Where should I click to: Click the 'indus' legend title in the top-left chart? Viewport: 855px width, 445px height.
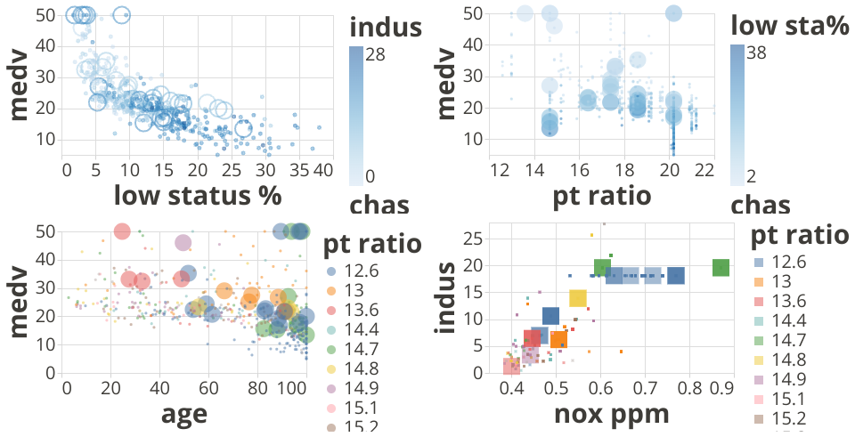[385, 28]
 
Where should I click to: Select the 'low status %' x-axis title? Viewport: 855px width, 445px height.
[192, 195]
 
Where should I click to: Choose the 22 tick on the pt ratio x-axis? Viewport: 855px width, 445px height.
[705, 169]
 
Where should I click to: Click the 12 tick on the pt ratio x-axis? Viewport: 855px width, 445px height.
[499, 169]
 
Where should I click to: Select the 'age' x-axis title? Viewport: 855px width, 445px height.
[184, 414]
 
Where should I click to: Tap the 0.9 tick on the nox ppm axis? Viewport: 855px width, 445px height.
[721, 388]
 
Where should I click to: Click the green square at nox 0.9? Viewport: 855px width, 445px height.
[721, 267]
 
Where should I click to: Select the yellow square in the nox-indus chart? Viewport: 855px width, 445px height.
[577, 298]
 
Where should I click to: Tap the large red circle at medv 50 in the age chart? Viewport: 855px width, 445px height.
[122, 231]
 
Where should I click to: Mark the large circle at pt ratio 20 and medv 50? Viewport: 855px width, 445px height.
[673, 13]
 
